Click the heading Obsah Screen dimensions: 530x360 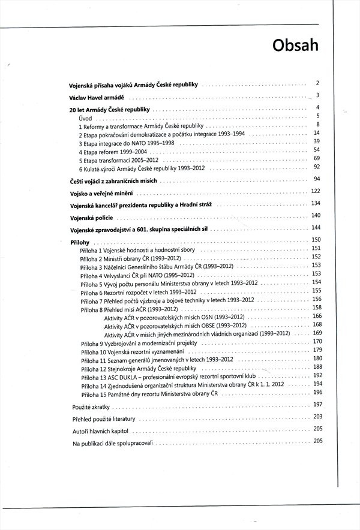pyautogui.click(x=294, y=44)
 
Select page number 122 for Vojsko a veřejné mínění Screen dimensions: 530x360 pyautogui.click(x=317, y=191)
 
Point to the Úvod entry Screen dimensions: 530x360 pyautogui.click(x=85, y=119)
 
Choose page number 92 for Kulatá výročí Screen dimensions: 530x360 pyautogui.click(x=317, y=167)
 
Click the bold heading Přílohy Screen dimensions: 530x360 pyautogui.click(x=80, y=240)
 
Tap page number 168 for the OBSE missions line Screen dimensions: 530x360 pyautogui.click(x=317, y=324)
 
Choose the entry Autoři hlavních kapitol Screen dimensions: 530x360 pyautogui.click(x=100, y=432)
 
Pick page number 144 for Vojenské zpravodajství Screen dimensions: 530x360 pyautogui.click(x=317, y=227)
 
